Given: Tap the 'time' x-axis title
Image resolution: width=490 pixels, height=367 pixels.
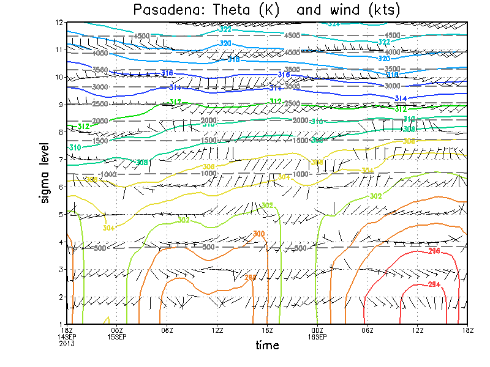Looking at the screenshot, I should point(267,345).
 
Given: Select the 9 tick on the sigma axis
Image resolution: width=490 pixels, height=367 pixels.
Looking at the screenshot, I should point(61,105).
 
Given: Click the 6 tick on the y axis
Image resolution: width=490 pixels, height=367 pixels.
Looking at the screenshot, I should point(61,187).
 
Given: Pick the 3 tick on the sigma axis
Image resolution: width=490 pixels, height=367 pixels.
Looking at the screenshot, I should point(61,269).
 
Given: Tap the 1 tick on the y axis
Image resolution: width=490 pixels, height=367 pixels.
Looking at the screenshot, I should point(61,324).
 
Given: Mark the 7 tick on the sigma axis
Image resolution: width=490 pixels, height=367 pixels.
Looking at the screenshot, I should point(61,159).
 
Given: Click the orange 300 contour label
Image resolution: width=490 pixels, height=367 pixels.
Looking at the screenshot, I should point(259,234).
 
